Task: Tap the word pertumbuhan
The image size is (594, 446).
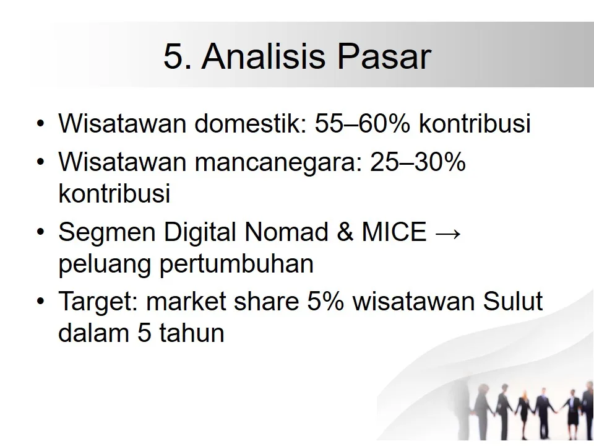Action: click(236, 265)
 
